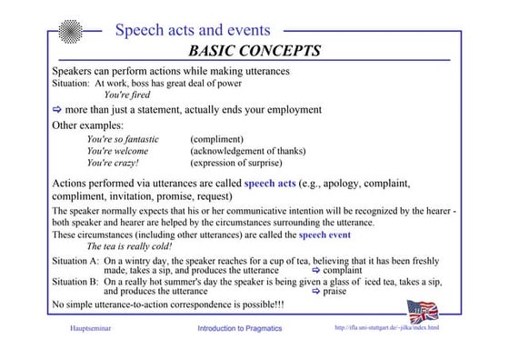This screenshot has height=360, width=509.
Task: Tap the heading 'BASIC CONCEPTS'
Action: pos(254,50)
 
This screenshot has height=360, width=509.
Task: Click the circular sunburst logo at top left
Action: pos(70,31)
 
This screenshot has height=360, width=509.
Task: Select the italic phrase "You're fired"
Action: pos(127,95)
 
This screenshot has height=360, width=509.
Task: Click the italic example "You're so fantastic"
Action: pos(123,140)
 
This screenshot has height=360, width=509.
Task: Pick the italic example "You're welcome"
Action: pos(117,152)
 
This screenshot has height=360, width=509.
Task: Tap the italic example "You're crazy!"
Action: pos(113,164)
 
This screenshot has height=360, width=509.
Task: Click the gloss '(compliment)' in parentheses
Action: pos(216,140)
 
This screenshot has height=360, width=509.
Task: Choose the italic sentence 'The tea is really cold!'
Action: pos(129,246)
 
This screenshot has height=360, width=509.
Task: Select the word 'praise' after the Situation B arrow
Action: pos(335,292)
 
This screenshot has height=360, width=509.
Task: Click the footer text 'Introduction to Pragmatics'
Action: pos(240,328)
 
